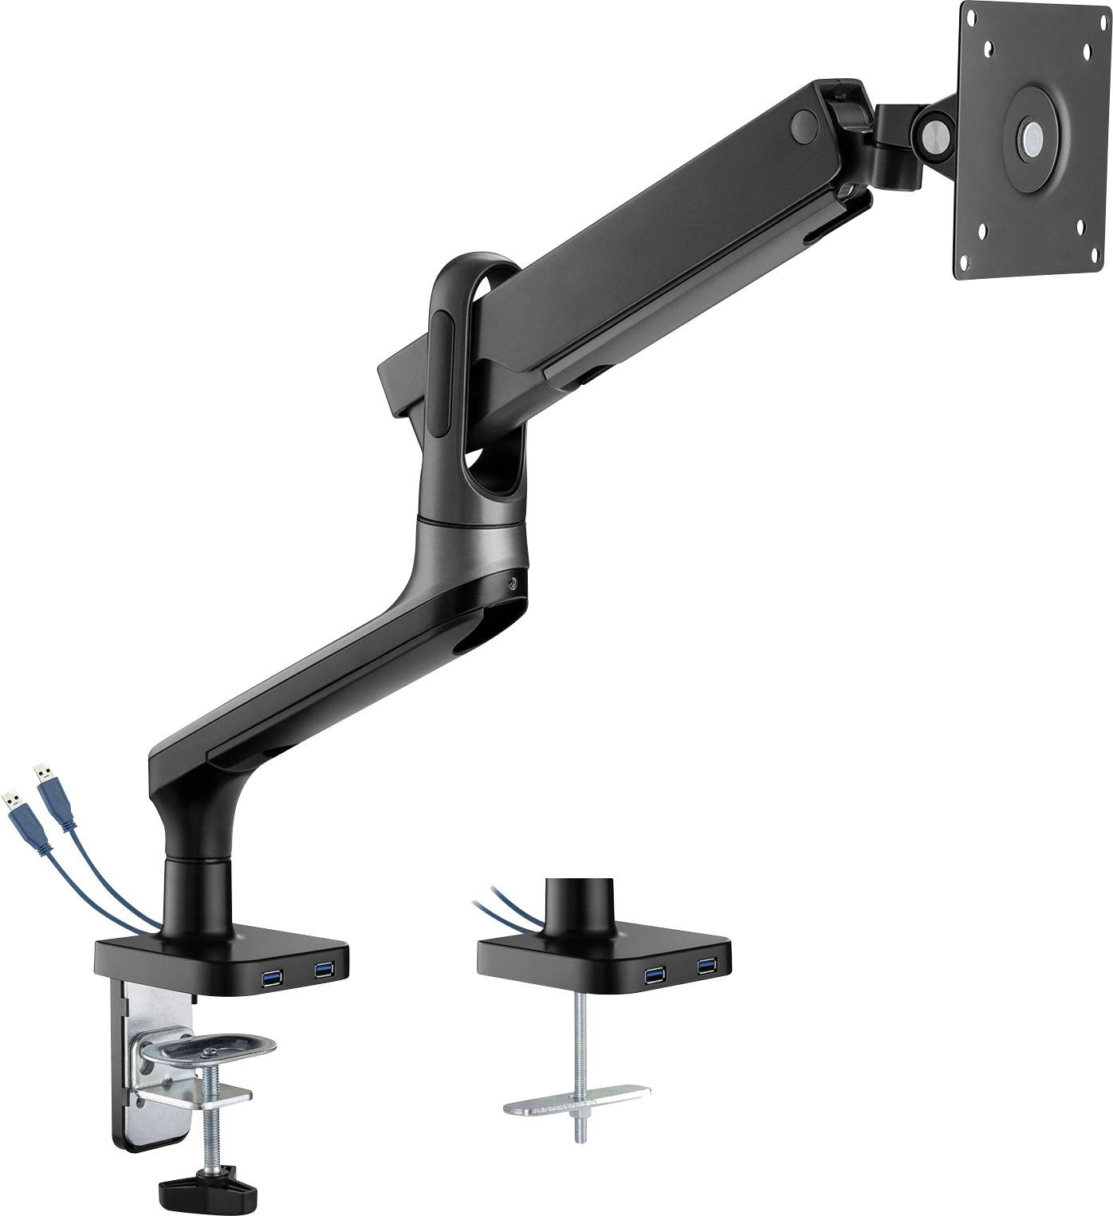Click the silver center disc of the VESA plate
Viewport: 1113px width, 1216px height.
coord(1034,135)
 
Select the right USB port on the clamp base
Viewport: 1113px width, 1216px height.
coord(323,969)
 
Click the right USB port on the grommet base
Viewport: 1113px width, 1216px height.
coord(706,967)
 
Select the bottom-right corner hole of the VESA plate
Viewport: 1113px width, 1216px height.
coord(1081,225)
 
